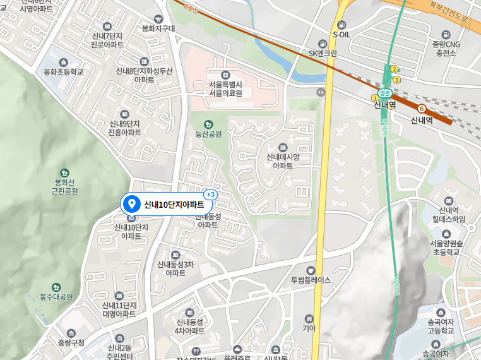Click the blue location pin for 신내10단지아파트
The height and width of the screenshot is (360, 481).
point(132,203)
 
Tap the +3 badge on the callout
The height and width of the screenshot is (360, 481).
point(210,194)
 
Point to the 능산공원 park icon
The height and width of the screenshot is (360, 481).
point(209,124)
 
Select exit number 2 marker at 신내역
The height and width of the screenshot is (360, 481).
point(394,69)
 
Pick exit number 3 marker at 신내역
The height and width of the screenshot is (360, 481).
point(396,80)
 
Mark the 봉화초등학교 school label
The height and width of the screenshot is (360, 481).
point(63,72)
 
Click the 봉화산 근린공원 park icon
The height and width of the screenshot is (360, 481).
point(64,172)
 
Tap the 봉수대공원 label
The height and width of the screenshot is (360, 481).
point(56,296)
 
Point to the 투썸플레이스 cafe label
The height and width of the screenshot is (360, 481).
point(311,280)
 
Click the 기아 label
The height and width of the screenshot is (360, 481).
point(309,328)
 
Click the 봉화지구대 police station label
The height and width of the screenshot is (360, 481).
point(158,28)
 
